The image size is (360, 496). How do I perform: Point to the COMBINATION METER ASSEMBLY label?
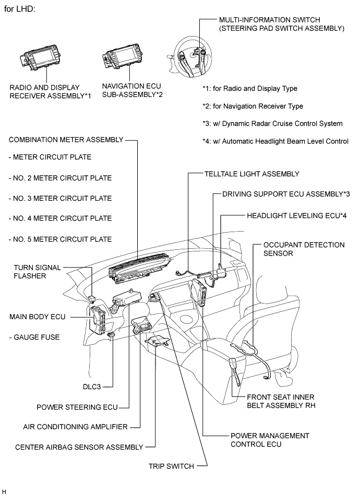[x=66, y=140]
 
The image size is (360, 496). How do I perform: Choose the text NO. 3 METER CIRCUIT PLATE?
[x=60, y=198]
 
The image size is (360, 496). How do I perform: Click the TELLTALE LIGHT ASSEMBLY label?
[x=252, y=174]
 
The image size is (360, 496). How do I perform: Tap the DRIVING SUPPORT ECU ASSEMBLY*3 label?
[x=286, y=194]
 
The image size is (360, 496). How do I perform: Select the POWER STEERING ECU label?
[x=77, y=407]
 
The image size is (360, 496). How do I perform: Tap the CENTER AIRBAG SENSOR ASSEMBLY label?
[x=79, y=447]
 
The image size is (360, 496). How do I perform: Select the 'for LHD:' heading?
[x=19, y=9]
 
